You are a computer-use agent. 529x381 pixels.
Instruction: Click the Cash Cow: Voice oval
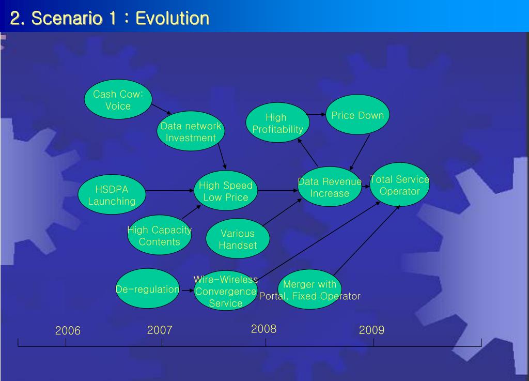coord(118,99)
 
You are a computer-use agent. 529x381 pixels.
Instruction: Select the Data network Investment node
coord(191,131)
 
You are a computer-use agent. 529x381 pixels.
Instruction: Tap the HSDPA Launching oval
coord(112,194)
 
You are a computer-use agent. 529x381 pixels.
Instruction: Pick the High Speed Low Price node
coord(226,191)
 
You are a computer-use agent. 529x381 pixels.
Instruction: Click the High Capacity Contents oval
coord(160,235)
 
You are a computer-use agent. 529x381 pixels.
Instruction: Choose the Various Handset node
coord(238,239)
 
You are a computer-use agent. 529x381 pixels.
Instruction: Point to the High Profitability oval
coord(277,123)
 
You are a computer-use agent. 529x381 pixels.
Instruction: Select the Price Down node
coord(357,115)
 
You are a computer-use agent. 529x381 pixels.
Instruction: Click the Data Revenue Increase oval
coord(330,187)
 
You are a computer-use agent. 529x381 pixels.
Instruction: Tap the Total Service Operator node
coord(400,185)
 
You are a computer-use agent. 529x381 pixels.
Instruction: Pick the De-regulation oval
coord(147,288)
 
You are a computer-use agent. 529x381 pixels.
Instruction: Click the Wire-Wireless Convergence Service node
coord(226,291)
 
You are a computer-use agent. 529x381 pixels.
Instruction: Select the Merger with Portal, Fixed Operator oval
coord(310,289)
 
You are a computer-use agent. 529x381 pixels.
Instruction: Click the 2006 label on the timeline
coord(68,330)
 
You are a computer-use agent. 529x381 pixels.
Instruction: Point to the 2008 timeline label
coord(264,329)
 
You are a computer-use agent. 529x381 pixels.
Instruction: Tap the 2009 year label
coord(372,330)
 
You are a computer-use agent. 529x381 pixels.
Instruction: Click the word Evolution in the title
coord(173,18)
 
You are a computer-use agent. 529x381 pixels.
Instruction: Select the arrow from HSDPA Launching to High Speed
coord(170,191)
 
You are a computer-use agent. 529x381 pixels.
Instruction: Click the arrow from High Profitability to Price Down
coord(316,114)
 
